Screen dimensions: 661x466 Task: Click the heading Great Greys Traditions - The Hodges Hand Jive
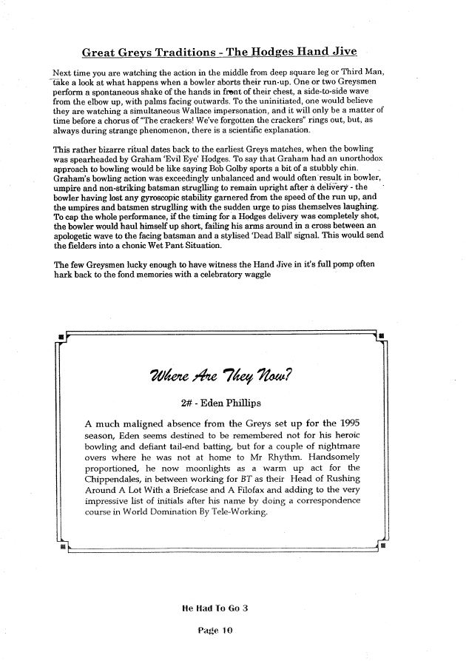coord(219,52)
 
